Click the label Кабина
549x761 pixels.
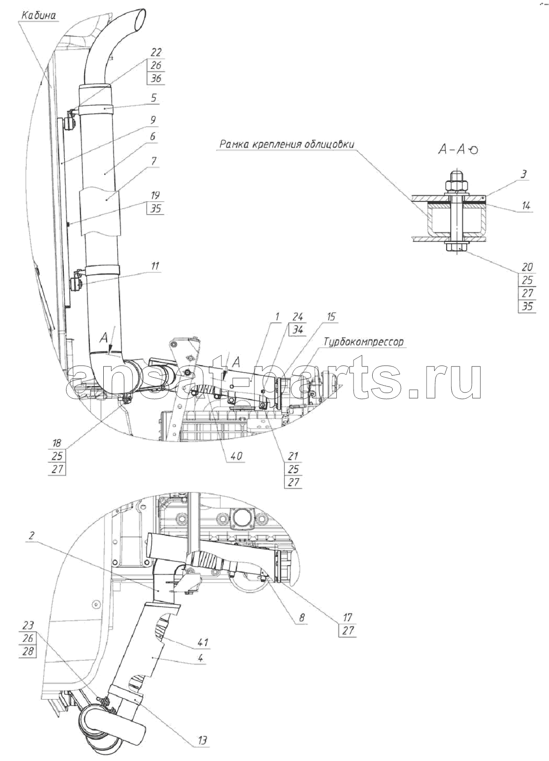point(39,16)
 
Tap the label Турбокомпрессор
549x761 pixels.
point(363,341)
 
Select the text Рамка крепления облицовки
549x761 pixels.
point(287,144)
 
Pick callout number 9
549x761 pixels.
point(153,120)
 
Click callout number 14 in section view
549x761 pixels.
point(526,205)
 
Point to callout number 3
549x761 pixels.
point(524,174)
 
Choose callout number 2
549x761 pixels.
point(32,536)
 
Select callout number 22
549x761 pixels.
point(155,52)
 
